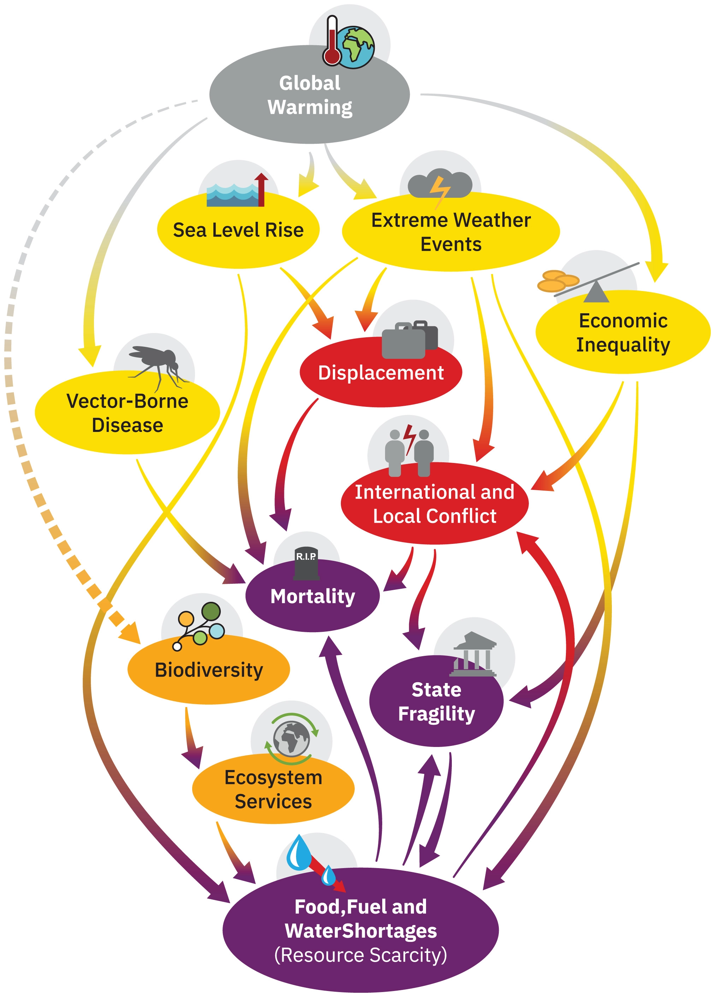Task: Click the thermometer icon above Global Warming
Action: point(332,42)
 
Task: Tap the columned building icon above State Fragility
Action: point(474,654)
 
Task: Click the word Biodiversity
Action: point(209,670)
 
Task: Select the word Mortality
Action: point(313,597)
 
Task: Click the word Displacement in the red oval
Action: point(381,373)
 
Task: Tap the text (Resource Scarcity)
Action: point(361,955)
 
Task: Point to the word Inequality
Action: point(623,345)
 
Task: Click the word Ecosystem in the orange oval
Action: point(273,777)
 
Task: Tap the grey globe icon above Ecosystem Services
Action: point(291,738)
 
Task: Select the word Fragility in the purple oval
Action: point(436,713)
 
